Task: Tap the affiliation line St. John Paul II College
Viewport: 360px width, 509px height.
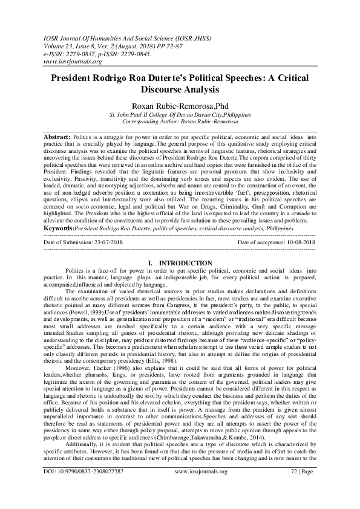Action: tap(180, 114)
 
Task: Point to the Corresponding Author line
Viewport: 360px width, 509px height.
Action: tap(180, 121)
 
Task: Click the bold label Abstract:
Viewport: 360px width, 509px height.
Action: tap(57, 137)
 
